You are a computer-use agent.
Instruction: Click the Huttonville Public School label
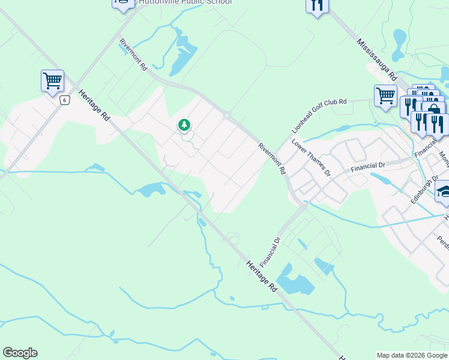(x=185, y=2)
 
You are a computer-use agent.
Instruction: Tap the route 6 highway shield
(x=64, y=100)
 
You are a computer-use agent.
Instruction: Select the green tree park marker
(x=184, y=125)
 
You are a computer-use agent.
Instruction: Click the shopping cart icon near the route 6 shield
(x=52, y=80)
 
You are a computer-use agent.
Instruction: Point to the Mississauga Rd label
(x=378, y=60)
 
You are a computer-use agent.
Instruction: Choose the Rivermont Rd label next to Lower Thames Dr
(x=273, y=158)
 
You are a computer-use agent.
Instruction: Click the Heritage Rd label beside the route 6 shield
(x=94, y=106)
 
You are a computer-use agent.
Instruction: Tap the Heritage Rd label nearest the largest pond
(x=262, y=275)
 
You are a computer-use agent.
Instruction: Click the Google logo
(x=20, y=353)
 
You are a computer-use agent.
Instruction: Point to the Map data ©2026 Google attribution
(x=412, y=355)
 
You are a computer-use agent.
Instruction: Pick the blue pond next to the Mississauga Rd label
(x=399, y=38)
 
